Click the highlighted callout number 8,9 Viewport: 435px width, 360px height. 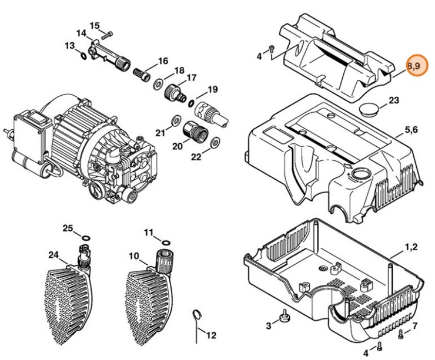414,66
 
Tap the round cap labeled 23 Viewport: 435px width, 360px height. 369,110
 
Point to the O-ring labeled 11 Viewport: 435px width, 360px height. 165,241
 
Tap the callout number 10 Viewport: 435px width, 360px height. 133,255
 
